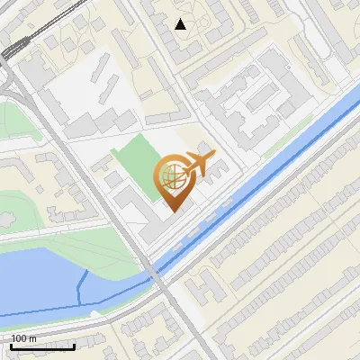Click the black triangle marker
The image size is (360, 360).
point(181,24)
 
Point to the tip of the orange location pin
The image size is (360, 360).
point(174,210)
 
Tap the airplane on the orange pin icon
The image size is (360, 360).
point(200,162)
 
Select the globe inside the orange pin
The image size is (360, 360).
point(172,175)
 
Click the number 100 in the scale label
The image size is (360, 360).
point(21,337)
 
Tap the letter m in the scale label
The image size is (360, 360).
point(33,337)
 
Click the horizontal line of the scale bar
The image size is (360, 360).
point(42,346)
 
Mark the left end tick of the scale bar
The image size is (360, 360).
point(11,345)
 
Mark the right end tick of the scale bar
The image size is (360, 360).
point(74,345)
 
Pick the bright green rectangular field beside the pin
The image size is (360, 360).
point(135,157)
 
